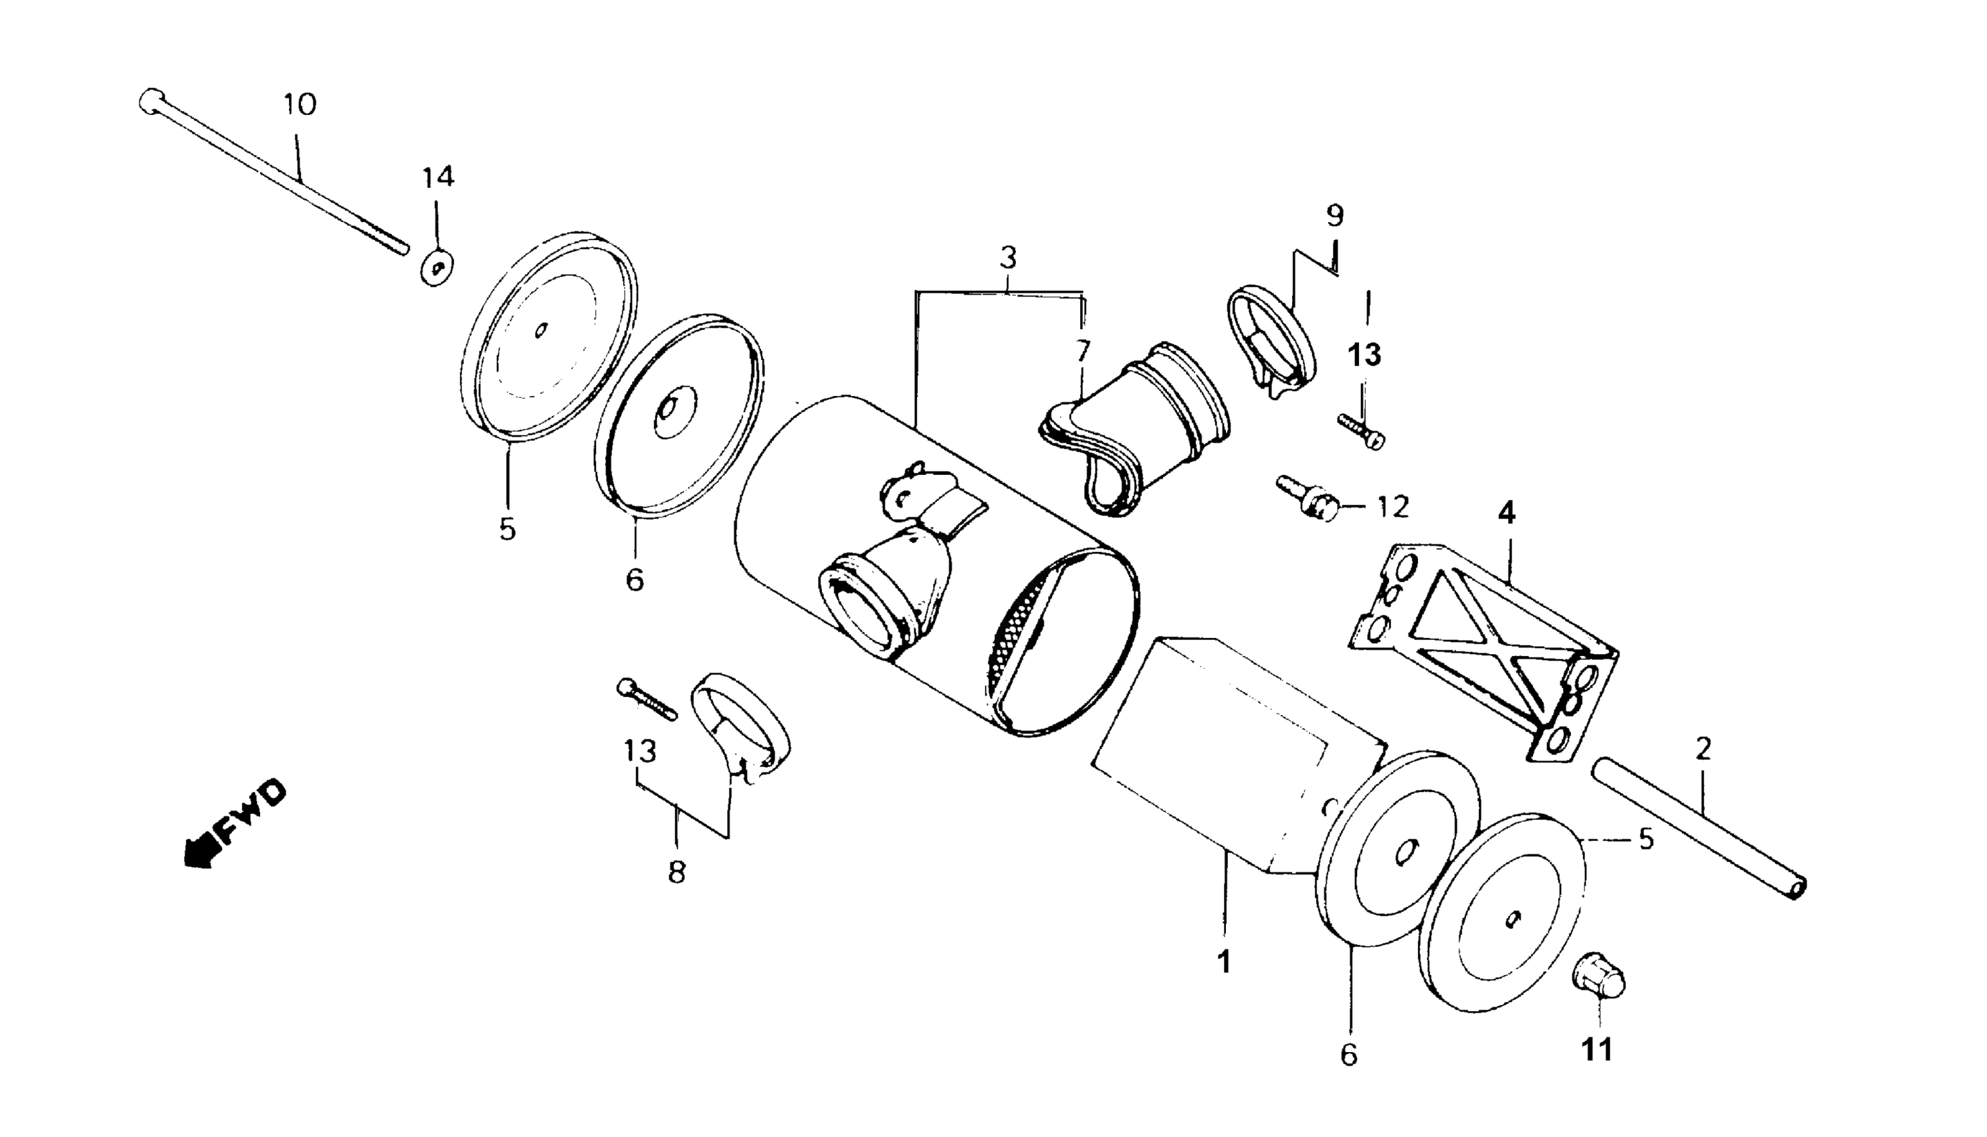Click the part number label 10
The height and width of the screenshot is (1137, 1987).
[300, 104]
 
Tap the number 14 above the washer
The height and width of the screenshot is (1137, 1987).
[438, 177]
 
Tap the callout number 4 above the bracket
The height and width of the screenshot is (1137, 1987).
[1506, 513]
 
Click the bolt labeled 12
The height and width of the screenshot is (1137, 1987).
[1308, 498]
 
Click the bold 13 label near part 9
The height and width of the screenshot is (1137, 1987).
[1364, 355]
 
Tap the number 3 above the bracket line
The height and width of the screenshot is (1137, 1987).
[1008, 257]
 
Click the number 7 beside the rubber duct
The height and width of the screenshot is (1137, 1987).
[1081, 350]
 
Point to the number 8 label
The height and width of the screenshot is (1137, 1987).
[676, 872]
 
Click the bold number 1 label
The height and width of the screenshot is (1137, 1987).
[1224, 961]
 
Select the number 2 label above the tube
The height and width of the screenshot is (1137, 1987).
[1703, 750]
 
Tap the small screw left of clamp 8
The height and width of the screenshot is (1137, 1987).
[645, 698]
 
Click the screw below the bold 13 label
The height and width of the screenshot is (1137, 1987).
[1362, 430]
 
